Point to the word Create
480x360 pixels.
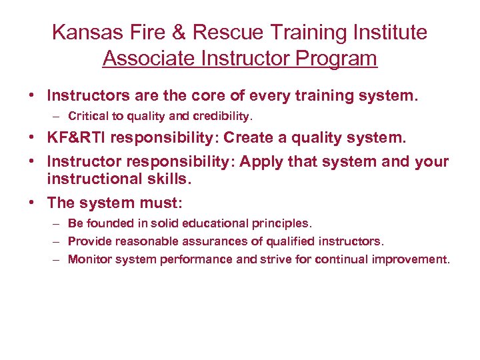coord(248,138)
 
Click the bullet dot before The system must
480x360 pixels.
coord(32,201)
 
